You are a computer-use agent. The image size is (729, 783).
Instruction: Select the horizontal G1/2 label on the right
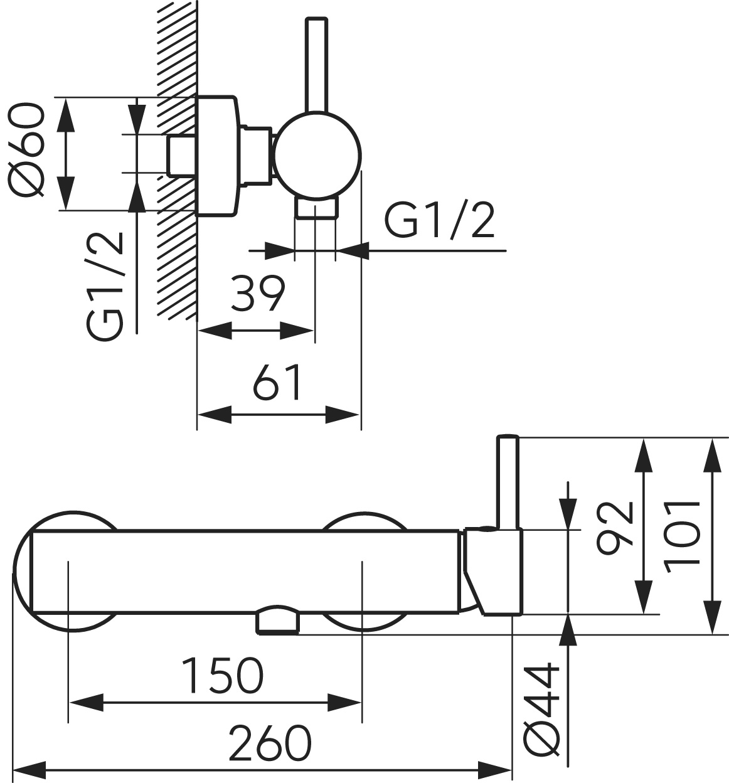pos(439,221)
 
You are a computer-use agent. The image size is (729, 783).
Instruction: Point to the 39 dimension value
pos(257,293)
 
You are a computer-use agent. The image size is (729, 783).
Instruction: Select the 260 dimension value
pos(270,743)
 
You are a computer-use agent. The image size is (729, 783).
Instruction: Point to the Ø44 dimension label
pos(542,707)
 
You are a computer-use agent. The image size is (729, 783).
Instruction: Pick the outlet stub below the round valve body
pos(317,209)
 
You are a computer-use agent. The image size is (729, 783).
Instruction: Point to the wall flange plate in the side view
pos(217,156)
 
